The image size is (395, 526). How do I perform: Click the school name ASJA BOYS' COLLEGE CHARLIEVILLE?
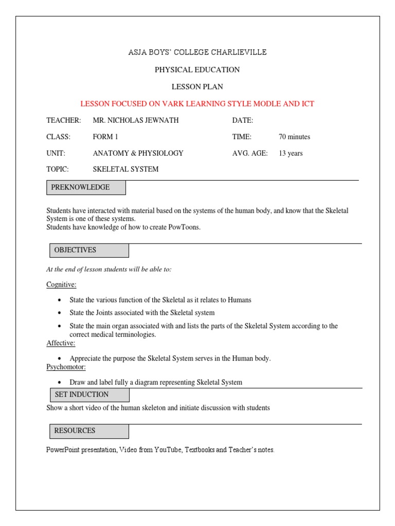[x=197, y=52]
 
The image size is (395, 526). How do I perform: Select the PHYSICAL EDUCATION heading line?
[x=197, y=69]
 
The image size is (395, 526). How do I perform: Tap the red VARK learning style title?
[x=197, y=104]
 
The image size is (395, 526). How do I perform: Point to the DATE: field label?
[x=243, y=120]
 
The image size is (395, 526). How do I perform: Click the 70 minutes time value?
[x=294, y=137]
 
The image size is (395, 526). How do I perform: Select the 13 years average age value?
[x=291, y=153]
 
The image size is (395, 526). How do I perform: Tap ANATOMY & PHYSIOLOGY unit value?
[x=138, y=153]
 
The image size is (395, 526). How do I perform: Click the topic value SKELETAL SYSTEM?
[x=125, y=169]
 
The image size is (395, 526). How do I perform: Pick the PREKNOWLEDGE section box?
[x=86, y=187]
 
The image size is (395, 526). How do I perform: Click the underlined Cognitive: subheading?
[x=61, y=284]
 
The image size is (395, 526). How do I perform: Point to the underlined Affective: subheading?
[x=61, y=343]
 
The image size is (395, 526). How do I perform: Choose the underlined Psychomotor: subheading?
[x=66, y=367]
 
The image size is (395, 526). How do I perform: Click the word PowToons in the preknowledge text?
[x=184, y=227]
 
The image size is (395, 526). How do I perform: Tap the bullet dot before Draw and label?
[x=60, y=383]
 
